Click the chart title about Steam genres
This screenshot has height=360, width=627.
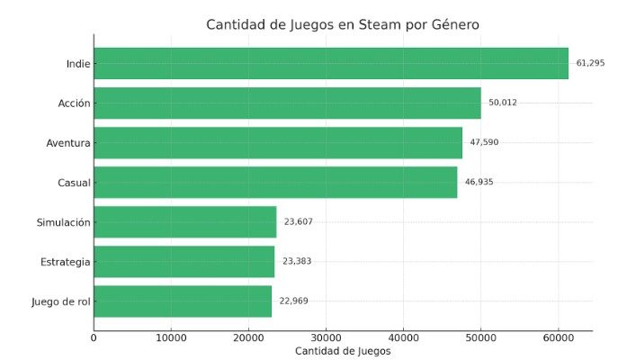point(343,24)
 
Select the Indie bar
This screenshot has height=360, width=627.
point(331,63)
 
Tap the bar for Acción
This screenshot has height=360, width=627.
point(287,103)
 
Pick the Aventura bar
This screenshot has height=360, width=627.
point(278,142)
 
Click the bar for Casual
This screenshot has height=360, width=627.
point(275,182)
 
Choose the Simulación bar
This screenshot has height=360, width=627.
point(184,221)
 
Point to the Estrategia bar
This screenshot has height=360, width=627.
point(184,261)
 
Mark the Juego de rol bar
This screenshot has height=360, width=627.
point(183,301)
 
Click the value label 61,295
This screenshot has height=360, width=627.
point(590,63)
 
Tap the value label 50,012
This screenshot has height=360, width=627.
point(503,103)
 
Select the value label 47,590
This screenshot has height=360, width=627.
point(484,142)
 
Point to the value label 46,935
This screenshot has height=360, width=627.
point(479,182)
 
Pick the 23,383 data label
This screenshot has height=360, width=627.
point(297,261)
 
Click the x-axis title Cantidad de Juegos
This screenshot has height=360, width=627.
point(343,351)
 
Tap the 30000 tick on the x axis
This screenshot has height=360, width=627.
point(326,337)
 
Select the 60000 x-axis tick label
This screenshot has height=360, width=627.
point(558,337)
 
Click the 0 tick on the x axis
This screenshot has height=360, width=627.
point(94,337)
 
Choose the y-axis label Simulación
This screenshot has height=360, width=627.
point(63,221)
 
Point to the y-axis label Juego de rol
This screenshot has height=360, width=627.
point(60,301)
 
